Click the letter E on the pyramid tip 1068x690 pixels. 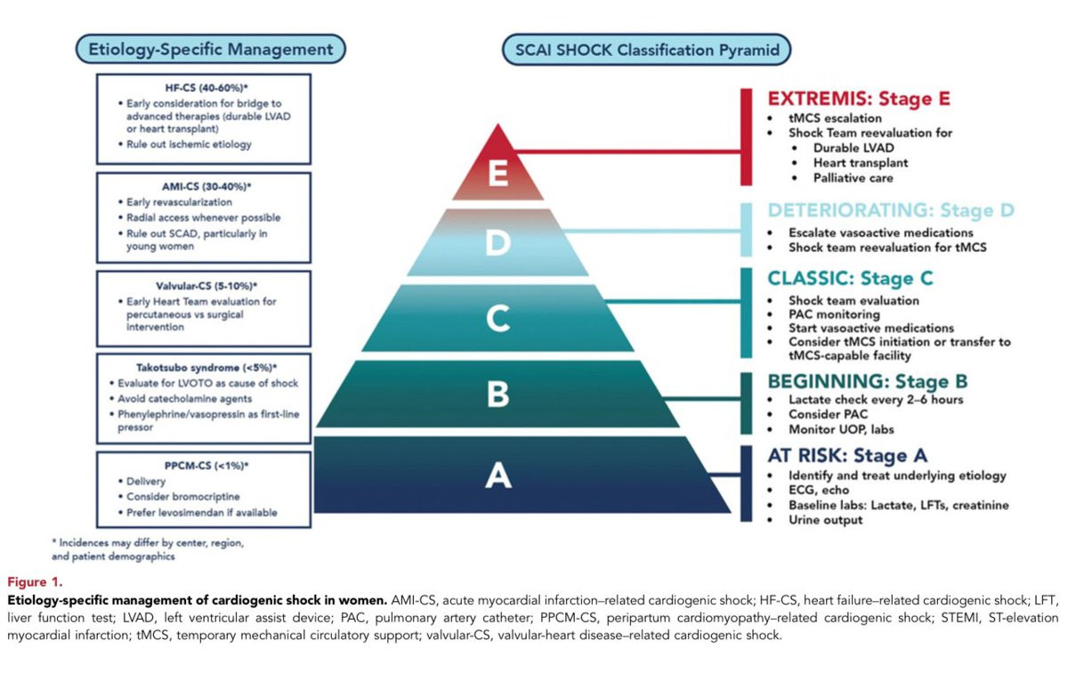[498, 173]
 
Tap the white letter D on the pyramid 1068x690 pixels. [498, 242]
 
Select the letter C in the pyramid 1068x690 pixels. [498, 318]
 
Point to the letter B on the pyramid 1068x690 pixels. [498, 394]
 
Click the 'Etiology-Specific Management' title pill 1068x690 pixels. [211, 49]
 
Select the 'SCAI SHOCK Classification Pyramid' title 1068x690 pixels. [647, 50]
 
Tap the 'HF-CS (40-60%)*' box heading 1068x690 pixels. [206, 87]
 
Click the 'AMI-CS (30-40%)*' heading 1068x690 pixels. [206, 186]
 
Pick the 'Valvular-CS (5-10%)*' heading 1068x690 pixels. [206, 286]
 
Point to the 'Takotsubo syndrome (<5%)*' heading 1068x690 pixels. [206, 368]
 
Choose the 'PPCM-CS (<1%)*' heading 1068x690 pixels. [206, 466]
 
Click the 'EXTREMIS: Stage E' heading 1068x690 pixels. [859, 99]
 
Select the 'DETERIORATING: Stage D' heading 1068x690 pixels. [891, 210]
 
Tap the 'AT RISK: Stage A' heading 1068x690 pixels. [847, 455]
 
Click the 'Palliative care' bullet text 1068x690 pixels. [853, 178]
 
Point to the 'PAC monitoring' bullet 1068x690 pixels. [834, 314]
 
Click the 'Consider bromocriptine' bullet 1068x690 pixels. [183, 497]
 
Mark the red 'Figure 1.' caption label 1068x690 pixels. [35, 581]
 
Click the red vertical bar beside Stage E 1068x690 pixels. [746, 137]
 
